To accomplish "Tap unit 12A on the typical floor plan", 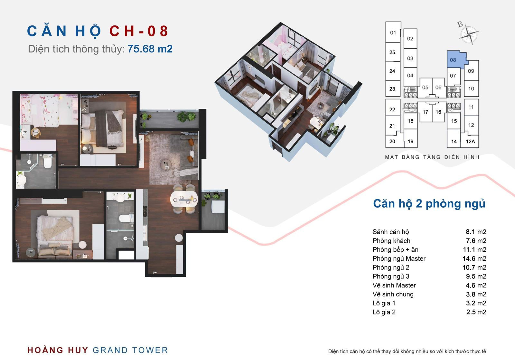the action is tap(470, 141).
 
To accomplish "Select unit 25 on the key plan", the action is tap(392, 52).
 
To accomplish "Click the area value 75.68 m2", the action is tap(150, 49).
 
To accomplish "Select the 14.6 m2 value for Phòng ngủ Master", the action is tap(474, 258).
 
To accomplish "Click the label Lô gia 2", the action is tap(384, 312).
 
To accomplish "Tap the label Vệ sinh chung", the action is tap(393, 294).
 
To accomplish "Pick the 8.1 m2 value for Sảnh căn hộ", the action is tap(476, 231).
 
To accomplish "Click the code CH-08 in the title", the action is tap(139, 31).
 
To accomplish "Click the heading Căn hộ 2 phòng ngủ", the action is tap(429, 204).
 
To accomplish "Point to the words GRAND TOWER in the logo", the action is tap(130, 350).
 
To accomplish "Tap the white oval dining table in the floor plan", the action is tap(184, 199).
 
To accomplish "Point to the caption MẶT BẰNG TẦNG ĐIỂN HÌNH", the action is tap(432, 157).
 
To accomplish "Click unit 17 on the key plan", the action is tap(425, 112).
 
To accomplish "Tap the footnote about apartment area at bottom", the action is tap(407, 351).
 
